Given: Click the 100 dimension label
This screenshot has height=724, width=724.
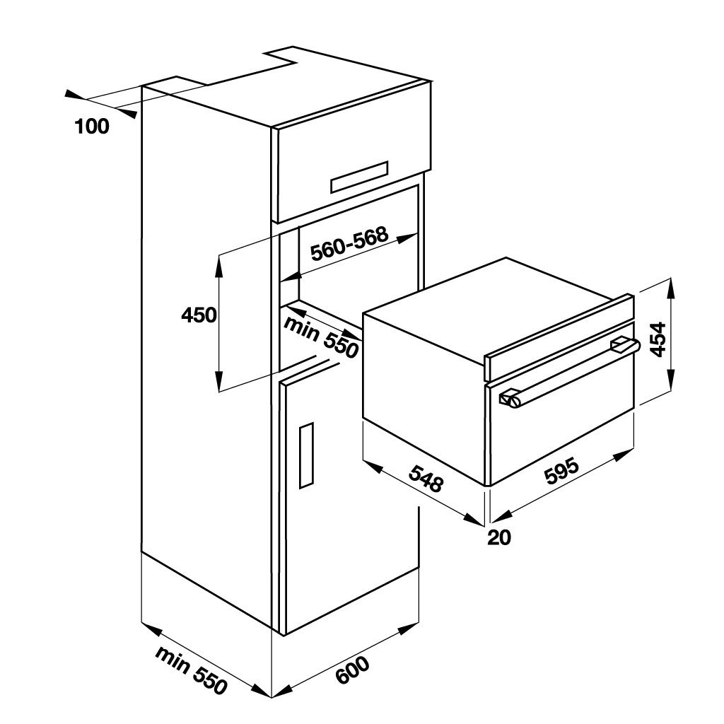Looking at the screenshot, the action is pos(92,127).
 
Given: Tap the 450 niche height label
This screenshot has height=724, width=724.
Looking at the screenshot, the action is pos(199,315).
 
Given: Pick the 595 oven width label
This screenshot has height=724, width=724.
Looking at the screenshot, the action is pos(561,473).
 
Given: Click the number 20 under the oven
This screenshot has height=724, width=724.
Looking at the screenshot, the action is pos(499,537).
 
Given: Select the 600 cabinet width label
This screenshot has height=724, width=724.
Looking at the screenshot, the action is pos(352,670).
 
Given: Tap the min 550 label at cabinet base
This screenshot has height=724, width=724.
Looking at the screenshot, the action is pos(192,669).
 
